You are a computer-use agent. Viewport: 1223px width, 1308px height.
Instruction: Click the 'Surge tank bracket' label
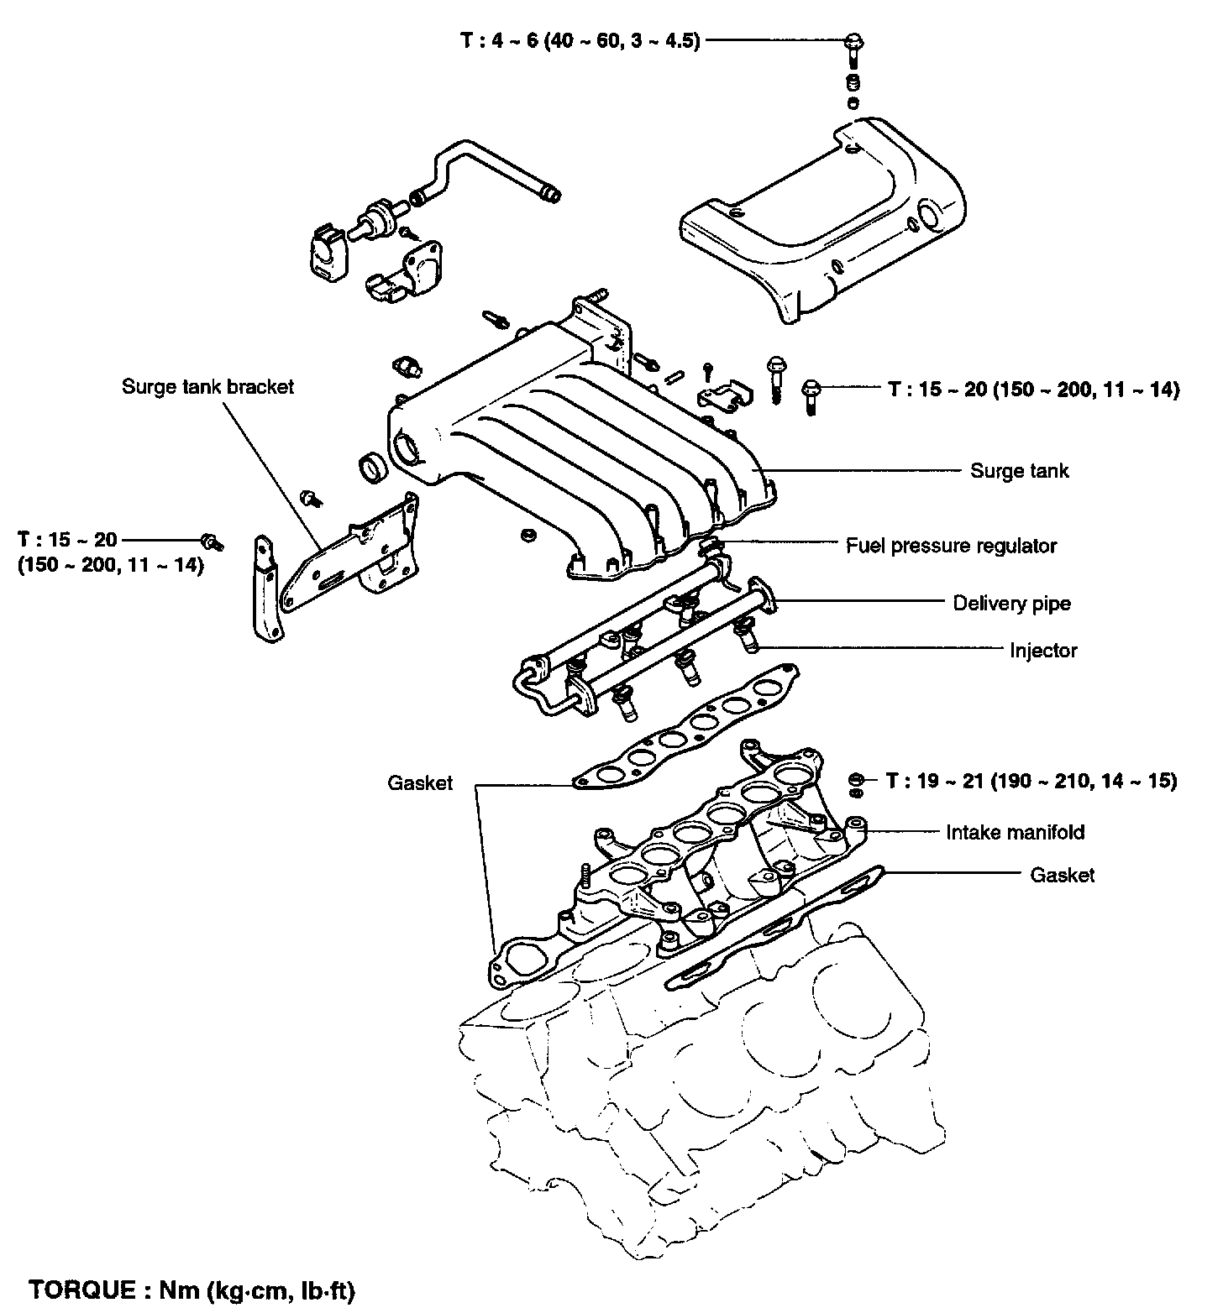(x=207, y=387)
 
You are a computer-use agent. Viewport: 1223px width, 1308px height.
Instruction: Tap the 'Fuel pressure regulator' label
(x=951, y=547)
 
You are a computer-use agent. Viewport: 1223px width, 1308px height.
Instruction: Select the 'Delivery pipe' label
(x=1011, y=604)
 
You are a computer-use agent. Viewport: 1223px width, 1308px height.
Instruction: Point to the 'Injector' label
(x=1043, y=651)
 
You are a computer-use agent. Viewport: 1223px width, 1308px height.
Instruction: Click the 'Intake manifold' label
(x=1015, y=833)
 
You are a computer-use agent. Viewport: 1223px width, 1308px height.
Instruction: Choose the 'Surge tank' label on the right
(x=1020, y=471)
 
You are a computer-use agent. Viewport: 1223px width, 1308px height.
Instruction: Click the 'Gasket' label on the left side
(x=420, y=783)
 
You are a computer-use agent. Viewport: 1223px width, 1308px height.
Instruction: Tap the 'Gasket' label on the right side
(x=1062, y=876)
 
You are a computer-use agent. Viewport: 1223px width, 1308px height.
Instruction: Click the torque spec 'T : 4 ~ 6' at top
(x=580, y=41)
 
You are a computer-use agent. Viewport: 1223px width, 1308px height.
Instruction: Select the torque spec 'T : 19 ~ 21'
(x=1031, y=782)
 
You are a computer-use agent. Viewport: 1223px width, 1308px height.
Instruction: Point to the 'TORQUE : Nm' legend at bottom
(x=192, y=1290)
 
